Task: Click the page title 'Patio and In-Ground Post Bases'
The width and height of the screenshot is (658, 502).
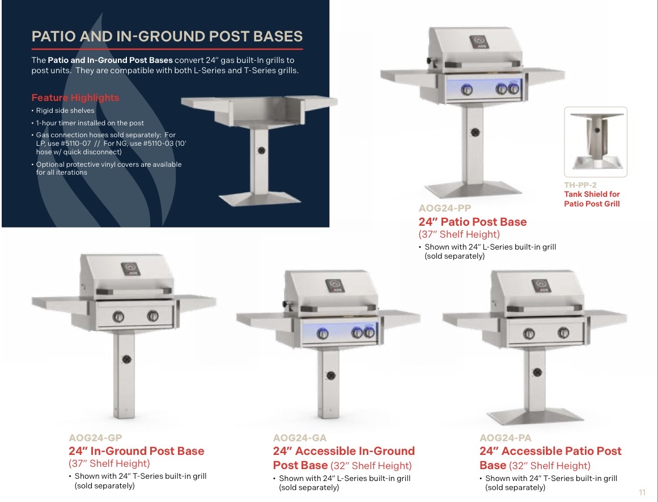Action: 167,36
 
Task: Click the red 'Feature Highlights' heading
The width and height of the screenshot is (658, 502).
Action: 75,98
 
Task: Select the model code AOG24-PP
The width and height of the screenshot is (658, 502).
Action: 445,208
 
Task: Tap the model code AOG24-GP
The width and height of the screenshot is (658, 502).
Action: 95,438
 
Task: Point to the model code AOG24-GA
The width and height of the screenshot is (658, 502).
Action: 300,438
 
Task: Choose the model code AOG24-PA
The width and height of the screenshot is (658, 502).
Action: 505,438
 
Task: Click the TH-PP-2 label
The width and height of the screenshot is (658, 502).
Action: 580,185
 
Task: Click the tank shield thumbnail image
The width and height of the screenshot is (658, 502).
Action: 596,142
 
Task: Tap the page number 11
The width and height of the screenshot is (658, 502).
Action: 642,492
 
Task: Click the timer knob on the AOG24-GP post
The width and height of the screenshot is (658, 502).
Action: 127,359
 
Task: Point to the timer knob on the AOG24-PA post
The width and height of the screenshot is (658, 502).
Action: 537,372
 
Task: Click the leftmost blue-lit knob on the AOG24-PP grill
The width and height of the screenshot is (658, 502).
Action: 466,89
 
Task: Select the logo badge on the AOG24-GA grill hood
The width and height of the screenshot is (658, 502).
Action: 335,286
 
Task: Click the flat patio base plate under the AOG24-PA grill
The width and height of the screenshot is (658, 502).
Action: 536,416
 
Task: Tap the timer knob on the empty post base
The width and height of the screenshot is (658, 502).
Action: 261,150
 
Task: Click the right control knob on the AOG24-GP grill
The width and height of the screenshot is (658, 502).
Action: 152,315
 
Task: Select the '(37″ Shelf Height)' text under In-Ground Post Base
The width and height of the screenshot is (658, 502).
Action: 109,463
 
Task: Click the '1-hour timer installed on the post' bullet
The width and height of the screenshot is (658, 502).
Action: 90,123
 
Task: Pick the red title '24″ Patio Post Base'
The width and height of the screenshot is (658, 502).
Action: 473,222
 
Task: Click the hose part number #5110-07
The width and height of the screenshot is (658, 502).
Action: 75,144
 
